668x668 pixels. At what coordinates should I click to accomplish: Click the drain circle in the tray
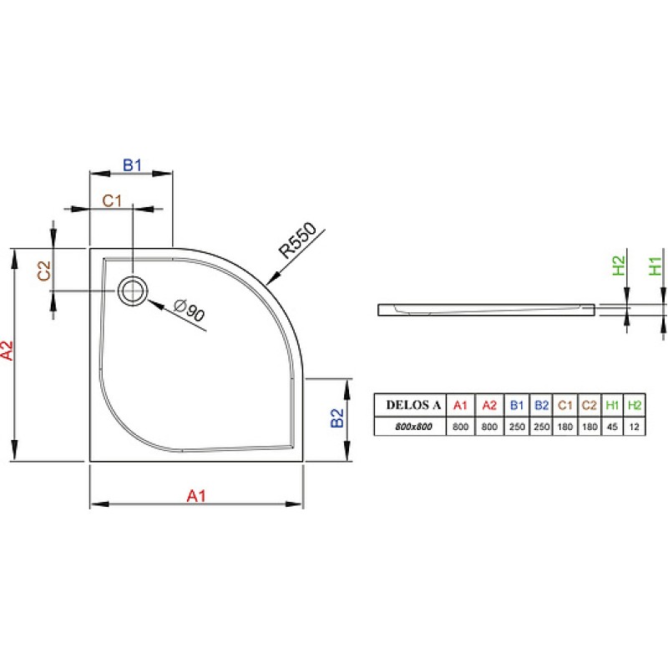[x=133, y=291]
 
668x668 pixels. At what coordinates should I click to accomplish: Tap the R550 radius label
[x=298, y=240]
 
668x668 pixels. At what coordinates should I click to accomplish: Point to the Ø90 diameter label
[x=190, y=310]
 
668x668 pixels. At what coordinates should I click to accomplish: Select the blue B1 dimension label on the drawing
[x=132, y=164]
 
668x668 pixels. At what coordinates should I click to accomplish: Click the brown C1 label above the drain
[x=112, y=200]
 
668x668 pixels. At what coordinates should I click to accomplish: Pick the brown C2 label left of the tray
[x=44, y=271]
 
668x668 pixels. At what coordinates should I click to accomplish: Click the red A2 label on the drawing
[x=8, y=350]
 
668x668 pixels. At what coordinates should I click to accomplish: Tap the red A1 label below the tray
[x=196, y=496]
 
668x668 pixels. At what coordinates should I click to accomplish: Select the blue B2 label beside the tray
[x=337, y=417]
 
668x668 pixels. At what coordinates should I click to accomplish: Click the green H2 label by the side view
[x=619, y=266]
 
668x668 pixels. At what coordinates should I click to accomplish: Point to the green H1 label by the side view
[x=655, y=266]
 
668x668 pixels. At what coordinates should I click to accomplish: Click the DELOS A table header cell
[x=413, y=405]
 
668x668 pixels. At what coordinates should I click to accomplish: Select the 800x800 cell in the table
[x=413, y=427]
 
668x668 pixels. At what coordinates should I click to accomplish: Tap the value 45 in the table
[x=612, y=427]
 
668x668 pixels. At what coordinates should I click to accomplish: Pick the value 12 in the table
[x=634, y=427]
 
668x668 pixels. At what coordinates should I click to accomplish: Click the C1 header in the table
[x=565, y=405]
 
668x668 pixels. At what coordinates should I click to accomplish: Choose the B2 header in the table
[x=541, y=405]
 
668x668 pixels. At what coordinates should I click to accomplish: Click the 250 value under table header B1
[x=517, y=427]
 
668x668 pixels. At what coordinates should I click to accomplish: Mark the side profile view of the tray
[x=486, y=310]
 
